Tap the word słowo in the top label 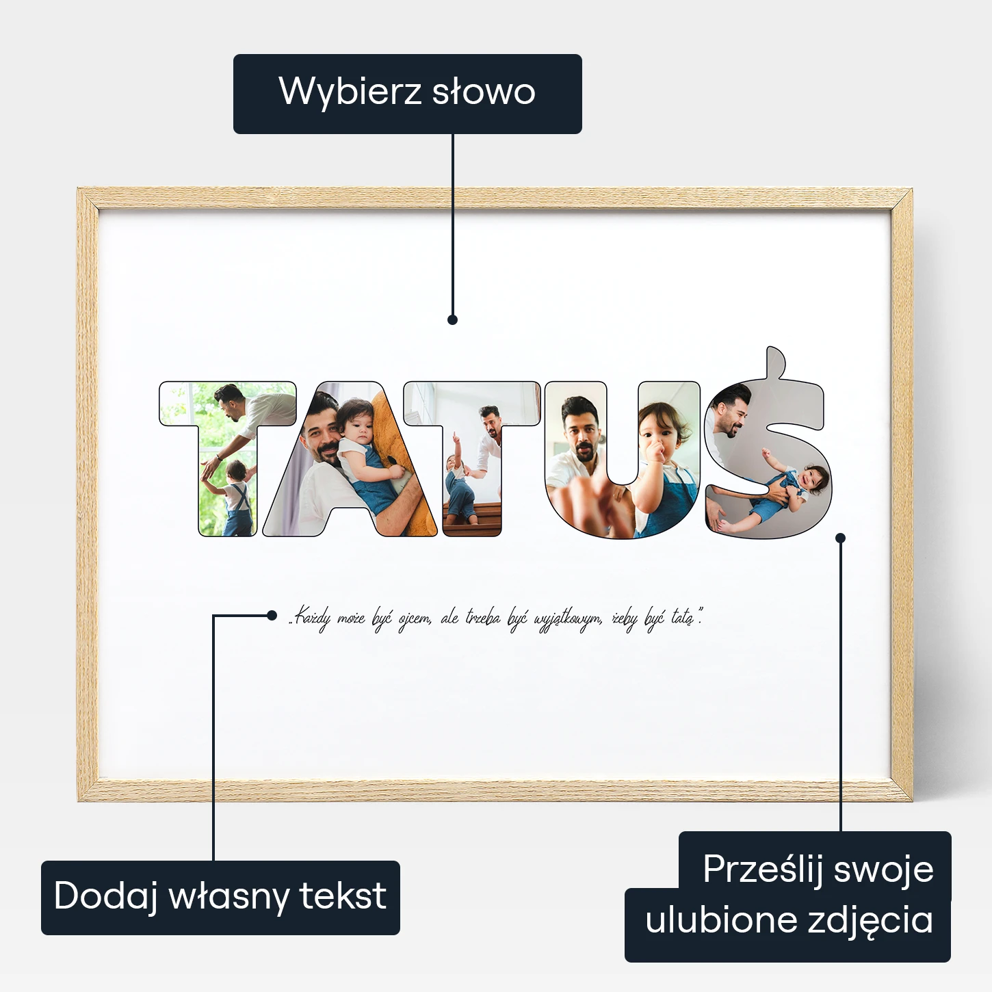pos(484,92)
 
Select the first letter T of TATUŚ pos(228,458)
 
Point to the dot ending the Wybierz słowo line pos(452,319)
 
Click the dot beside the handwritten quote pos(272,615)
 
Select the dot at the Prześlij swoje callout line pos(840,538)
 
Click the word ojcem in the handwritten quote pos(415,618)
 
